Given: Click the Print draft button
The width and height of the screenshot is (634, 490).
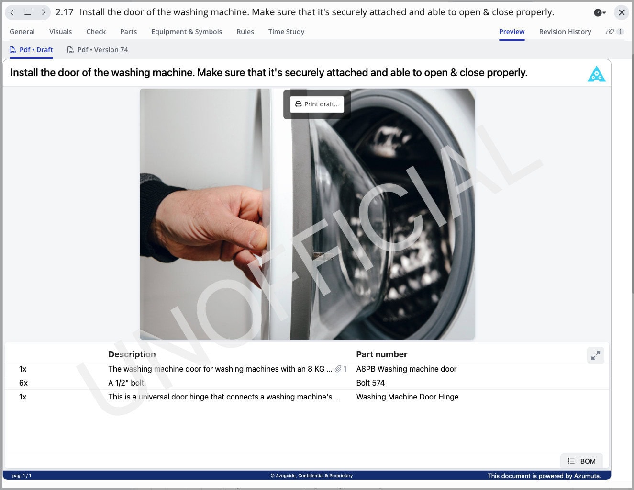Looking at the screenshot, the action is (317, 104).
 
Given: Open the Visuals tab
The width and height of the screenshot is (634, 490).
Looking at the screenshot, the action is (60, 32).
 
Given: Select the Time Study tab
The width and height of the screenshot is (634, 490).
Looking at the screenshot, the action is (286, 32).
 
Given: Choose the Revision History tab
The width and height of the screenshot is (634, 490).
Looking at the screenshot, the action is (565, 32).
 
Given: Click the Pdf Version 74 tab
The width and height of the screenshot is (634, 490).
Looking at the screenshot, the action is (98, 50).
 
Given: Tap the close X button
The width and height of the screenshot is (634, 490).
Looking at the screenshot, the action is (622, 12).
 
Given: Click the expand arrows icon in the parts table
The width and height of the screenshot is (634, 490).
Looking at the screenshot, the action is (595, 355).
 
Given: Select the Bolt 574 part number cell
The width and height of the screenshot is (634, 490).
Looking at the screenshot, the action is (370, 383).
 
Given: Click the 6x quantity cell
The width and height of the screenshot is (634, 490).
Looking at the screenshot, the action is (23, 383).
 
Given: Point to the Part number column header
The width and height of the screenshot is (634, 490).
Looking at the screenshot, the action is (381, 354).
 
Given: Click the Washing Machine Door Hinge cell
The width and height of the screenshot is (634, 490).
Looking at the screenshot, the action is (407, 397).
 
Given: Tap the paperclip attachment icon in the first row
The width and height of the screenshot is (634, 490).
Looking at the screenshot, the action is (338, 369).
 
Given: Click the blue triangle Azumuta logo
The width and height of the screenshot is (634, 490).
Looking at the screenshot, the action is (596, 74).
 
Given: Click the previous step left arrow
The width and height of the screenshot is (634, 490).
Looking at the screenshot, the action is (12, 12).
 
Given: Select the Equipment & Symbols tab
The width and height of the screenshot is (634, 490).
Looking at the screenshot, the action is (187, 32).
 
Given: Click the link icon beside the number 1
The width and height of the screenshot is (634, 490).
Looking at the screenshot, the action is (610, 32).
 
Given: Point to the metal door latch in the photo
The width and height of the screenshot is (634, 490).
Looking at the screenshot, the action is (323, 256).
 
